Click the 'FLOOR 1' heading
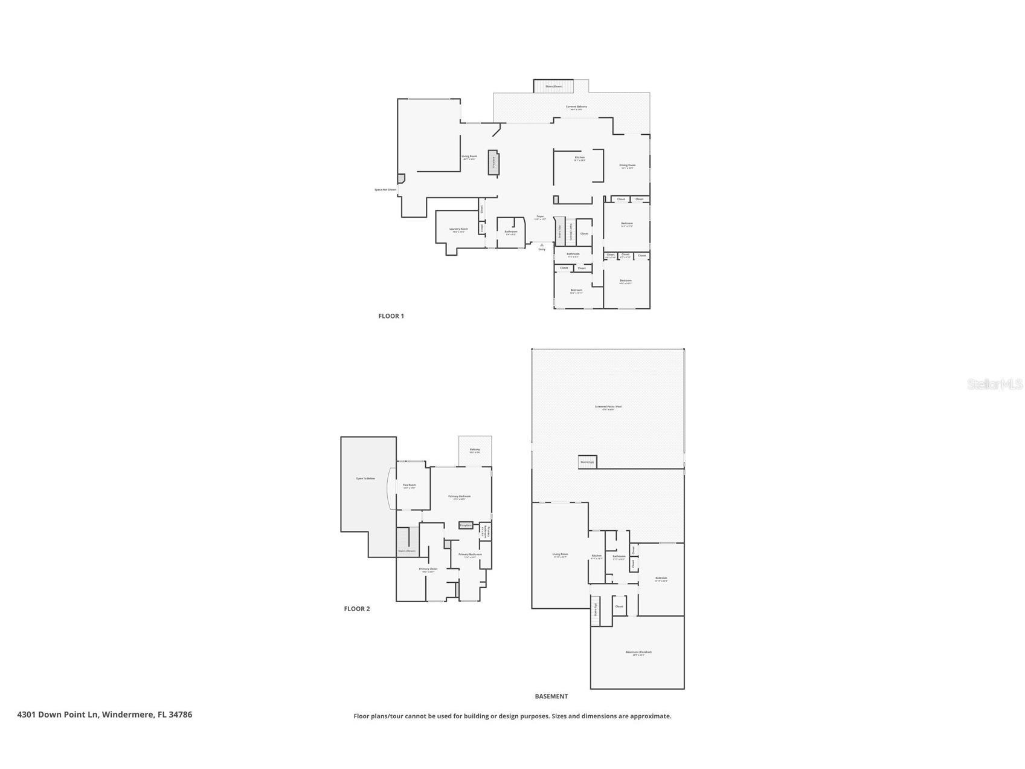coord(391,316)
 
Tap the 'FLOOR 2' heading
coord(356,609)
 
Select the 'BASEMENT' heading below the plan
coord(551,696)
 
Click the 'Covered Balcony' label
coord(576,107)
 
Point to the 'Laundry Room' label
coord(458,229)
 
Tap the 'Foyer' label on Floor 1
coord(540,216)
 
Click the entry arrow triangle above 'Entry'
coord(542,245)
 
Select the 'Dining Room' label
coord(627,165)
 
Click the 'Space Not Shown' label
coord(385,190)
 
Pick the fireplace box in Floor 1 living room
coord(493,162)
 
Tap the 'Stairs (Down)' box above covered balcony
coord(553,86)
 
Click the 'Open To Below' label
coord(365,479)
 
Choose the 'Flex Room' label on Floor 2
coord(409,485)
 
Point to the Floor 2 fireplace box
coord(466,525)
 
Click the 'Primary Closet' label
coord(428,569)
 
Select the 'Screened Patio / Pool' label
coord(608,407)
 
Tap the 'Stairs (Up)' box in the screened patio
coord(587,462)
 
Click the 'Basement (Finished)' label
coord(638,652)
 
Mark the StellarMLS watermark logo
coord(995,384)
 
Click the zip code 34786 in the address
coord(181,715)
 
